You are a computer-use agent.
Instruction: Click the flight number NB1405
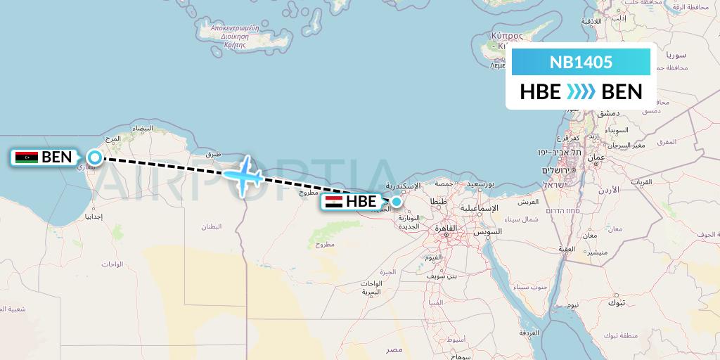(581, 62)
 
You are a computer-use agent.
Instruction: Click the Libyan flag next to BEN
(27, 157)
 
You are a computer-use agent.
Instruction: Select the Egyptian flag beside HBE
(334, 202)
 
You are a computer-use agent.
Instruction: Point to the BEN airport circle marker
(94, 157)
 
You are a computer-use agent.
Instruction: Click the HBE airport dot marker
(397, 202)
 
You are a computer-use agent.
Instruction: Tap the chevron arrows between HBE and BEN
(581, 92)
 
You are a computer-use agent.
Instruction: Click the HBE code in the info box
(540, 92)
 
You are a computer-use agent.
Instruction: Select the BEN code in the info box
(622, 92)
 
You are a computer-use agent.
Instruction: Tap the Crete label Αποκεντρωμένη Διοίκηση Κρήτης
(236, 34)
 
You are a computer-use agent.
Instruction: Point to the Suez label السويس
(488, 231)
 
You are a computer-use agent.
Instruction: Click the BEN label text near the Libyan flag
(57, 157)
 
